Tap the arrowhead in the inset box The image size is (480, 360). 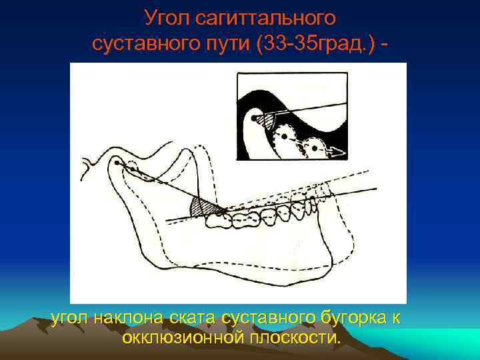click(339, 153)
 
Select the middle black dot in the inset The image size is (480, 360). click(285, 135)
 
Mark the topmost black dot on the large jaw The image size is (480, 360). click(117, 163)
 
